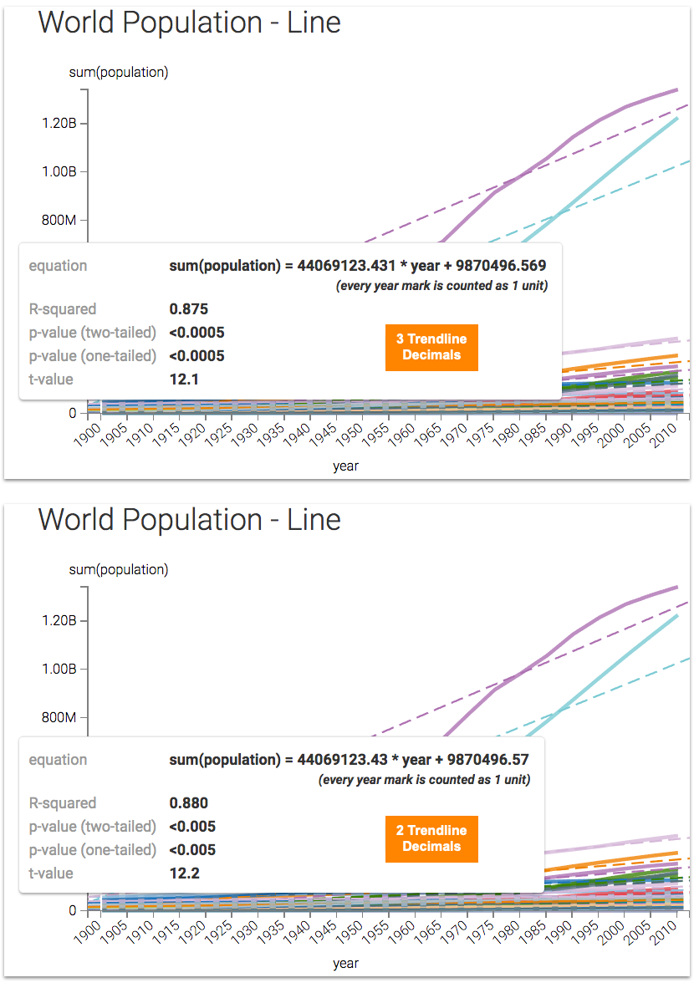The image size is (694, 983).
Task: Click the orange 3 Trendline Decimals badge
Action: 431,347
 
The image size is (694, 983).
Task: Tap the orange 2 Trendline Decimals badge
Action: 431,838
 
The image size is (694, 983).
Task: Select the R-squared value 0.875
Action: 188,309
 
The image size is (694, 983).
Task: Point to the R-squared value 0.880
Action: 188,803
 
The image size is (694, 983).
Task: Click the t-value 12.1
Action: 184,379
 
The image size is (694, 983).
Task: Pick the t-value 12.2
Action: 184,873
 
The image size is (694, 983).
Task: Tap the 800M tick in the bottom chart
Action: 59,718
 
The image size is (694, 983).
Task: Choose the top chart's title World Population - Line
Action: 190,23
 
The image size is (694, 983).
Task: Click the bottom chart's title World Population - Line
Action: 190,520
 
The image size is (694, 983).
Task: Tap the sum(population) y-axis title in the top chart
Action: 119,72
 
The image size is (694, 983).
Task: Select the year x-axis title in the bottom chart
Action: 345,963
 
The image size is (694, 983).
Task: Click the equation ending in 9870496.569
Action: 358,266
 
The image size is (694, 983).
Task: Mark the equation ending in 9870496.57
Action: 350,760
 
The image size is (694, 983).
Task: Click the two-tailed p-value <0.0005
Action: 197,333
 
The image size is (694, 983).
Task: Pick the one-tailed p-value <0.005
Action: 192,850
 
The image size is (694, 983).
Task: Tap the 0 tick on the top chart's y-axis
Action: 73,413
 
